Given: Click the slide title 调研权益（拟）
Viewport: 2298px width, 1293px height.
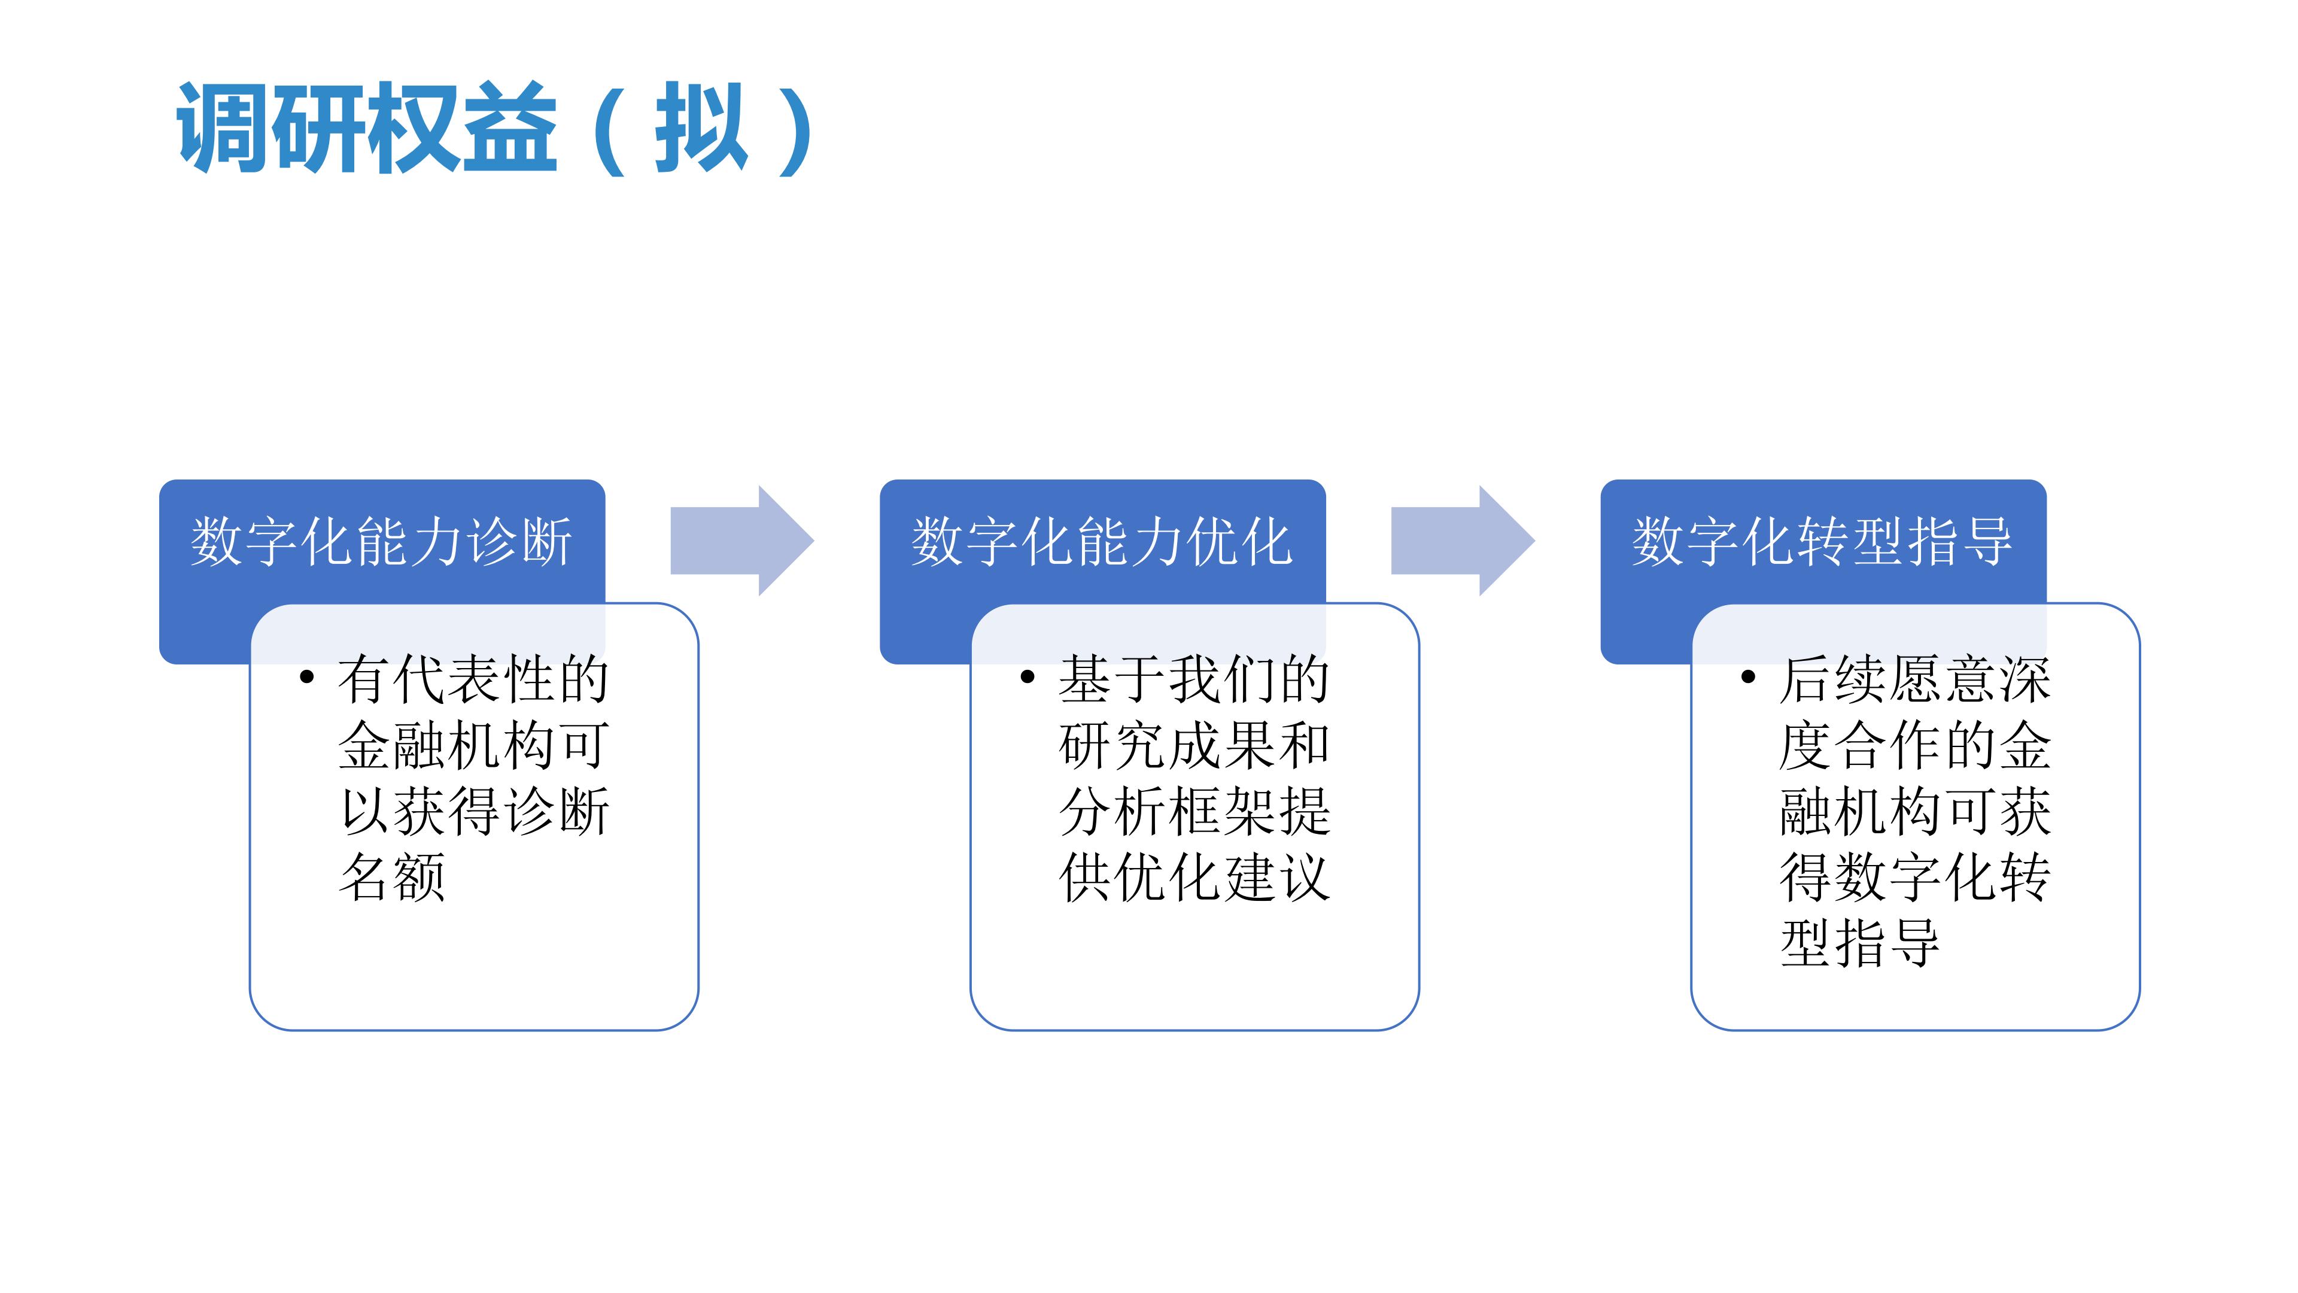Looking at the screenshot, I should pyautogui.click(x=495, y=128).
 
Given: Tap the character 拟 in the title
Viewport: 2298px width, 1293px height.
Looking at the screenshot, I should pyautogui.click(x=700, y=128).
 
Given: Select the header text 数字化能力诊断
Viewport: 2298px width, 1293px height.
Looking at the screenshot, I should pyautogui.click(x=381, y=542).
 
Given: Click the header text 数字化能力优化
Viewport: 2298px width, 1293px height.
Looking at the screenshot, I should pyautogui.click(x=1102, y=542).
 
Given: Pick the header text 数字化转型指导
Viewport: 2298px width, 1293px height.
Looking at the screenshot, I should pyautogui.click(x=1822, y=542).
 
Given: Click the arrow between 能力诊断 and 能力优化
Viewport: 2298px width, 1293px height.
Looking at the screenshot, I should pyautogui.click(x=740, y=541).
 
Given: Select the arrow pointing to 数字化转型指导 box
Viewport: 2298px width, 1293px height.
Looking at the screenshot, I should pyautogui.click(x=1461, y=541).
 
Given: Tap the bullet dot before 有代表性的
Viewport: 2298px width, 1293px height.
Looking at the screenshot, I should pyautogui.click(x=307, y=677).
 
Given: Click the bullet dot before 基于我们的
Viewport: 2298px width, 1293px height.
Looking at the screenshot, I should pyautogui.click(x=1028, y=677).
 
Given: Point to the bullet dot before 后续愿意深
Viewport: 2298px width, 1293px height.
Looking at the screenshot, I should pyautogui.click(x=1749, y=677).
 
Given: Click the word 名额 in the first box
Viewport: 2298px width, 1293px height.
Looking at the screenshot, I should pyautogui.click(x=393, y=877).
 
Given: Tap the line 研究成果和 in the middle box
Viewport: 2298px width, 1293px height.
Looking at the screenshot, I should pyautogui.click(x=1194, y=745).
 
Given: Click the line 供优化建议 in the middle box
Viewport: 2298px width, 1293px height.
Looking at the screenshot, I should pyautogui.click(x=1194, y=877).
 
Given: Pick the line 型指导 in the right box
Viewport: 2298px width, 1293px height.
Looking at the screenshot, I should pyautogui.click(x=1860, y=943).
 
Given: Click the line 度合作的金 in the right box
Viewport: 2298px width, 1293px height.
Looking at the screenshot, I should pyautogui.click(x=1915, y=745).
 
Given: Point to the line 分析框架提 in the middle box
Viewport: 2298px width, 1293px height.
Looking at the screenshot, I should pyautogui.click(x=1194, y=811).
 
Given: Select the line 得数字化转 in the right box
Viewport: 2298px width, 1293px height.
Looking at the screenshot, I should pyautogui.click(x=1915, y=877).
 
